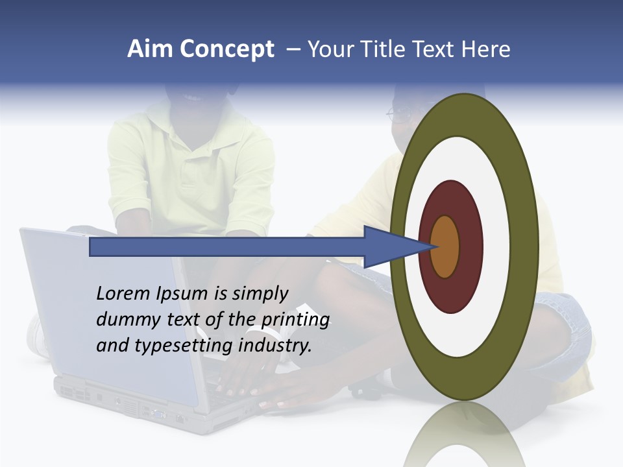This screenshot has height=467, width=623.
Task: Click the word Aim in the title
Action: click(151, 49)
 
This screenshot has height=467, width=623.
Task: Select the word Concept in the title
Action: click(226, 49)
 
